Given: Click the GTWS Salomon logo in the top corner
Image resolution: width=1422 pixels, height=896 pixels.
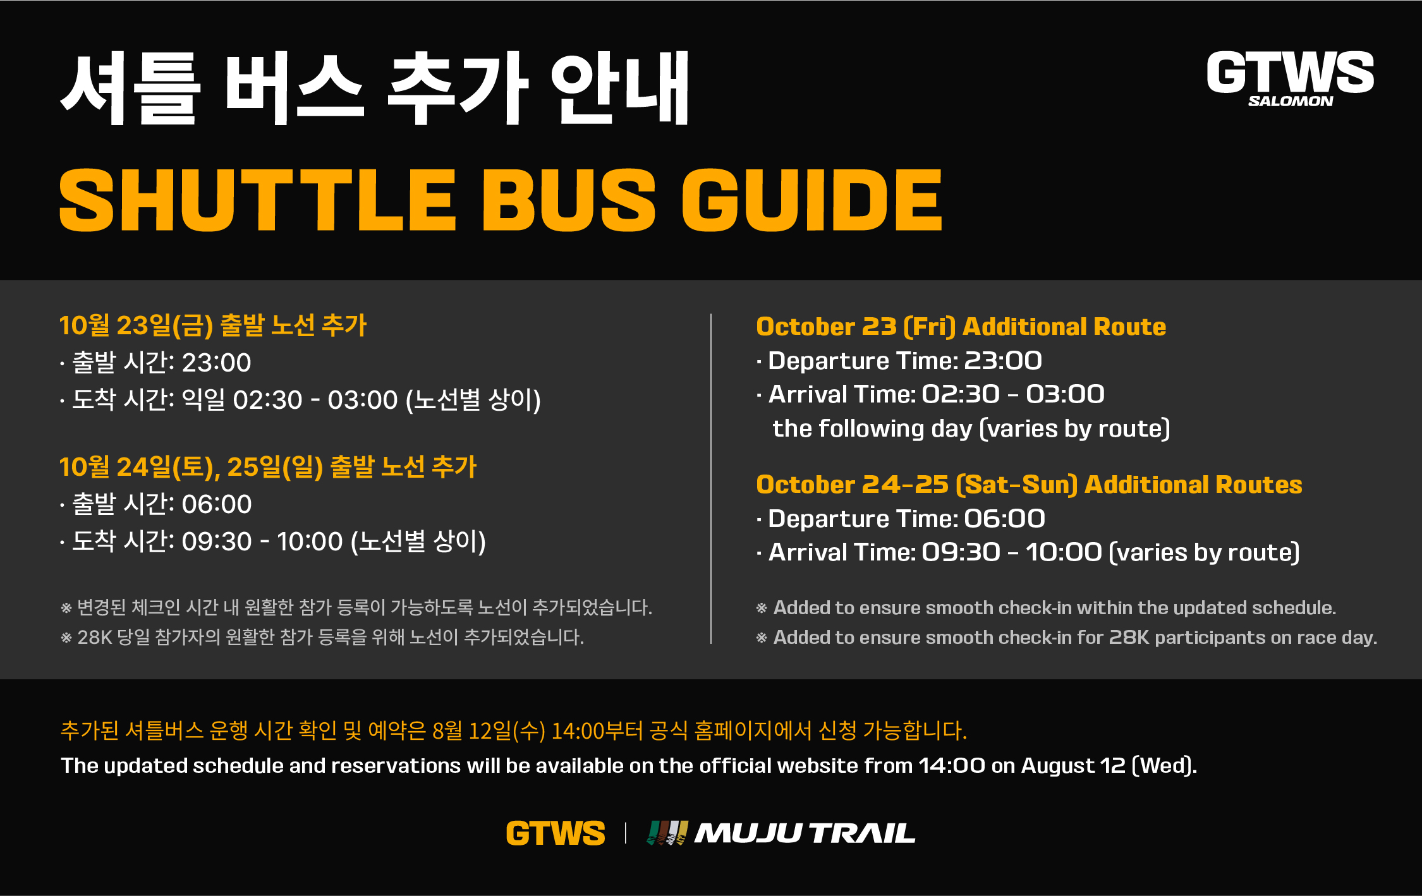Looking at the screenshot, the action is point(1290,78).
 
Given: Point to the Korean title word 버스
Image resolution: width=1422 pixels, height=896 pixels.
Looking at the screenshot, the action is point(295,88).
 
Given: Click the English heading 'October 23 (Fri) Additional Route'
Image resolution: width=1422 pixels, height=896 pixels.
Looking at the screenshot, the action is point(961,327).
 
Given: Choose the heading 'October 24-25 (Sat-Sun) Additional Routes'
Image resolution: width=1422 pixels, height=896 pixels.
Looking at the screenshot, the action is point(1030,485).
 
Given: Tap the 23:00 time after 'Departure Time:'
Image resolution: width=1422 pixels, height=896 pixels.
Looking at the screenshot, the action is point(1003,361).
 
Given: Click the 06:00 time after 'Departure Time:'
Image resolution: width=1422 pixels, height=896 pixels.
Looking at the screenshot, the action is point(1004,519).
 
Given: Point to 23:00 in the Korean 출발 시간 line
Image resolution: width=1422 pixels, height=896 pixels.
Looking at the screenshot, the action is point(217,363).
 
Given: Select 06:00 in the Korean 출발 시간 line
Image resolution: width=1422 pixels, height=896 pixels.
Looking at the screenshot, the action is point(217,504).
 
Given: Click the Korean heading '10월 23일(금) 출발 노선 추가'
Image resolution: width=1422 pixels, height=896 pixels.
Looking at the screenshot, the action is point(213,325).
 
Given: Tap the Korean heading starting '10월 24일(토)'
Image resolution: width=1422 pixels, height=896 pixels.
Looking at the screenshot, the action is point(268,467).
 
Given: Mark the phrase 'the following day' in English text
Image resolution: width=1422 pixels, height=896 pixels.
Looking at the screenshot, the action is point(873,428).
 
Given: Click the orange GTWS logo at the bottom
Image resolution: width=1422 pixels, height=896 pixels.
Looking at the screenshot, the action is point(556,833).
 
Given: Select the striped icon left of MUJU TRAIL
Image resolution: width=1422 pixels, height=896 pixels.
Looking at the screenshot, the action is point(667,833).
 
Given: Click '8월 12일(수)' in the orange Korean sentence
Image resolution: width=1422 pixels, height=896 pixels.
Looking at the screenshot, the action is point(489,731).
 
